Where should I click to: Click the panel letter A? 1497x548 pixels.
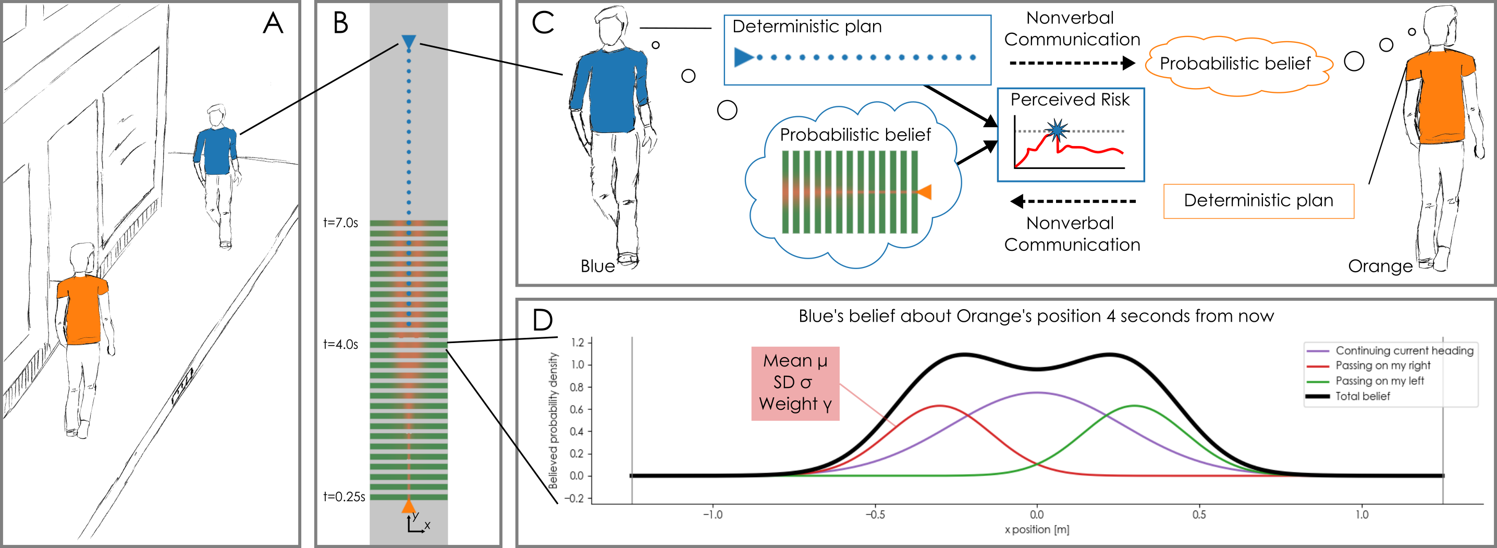[273, 23]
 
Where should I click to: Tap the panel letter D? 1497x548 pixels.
[542, 320]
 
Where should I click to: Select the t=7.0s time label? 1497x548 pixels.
[340, 223]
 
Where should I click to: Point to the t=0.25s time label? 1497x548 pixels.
[344, 497]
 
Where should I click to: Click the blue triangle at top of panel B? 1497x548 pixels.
[409, 42]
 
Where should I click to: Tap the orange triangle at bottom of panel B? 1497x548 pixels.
[409, 506]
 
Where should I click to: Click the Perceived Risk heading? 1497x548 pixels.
[1070, 100]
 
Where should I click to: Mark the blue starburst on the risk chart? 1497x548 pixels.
[1057, 130]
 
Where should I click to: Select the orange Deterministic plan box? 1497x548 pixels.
[1258, 201]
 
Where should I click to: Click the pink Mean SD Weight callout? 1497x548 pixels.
[795, 383]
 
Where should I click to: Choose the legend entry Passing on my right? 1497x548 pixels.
[1382, 366]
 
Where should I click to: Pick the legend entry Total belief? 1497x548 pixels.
[1362, 396]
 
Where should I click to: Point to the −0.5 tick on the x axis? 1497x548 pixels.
[875, 514]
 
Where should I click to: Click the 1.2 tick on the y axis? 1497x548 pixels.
[577, 343]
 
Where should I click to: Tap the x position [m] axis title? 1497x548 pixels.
[1037, 529]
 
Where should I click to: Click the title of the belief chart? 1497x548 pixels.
[1036, 316]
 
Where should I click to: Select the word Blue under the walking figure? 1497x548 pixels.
[597, 266]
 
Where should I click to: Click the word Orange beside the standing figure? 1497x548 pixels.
[1380, 266]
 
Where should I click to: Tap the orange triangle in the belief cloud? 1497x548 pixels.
[924, 192]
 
